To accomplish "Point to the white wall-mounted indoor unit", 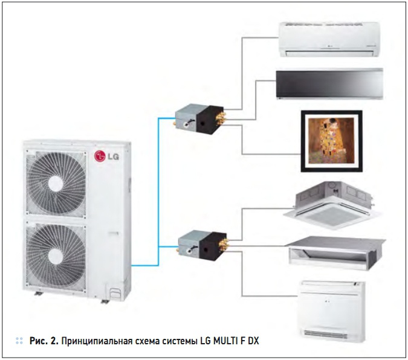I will pyautogui.click(x=329, y=39).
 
